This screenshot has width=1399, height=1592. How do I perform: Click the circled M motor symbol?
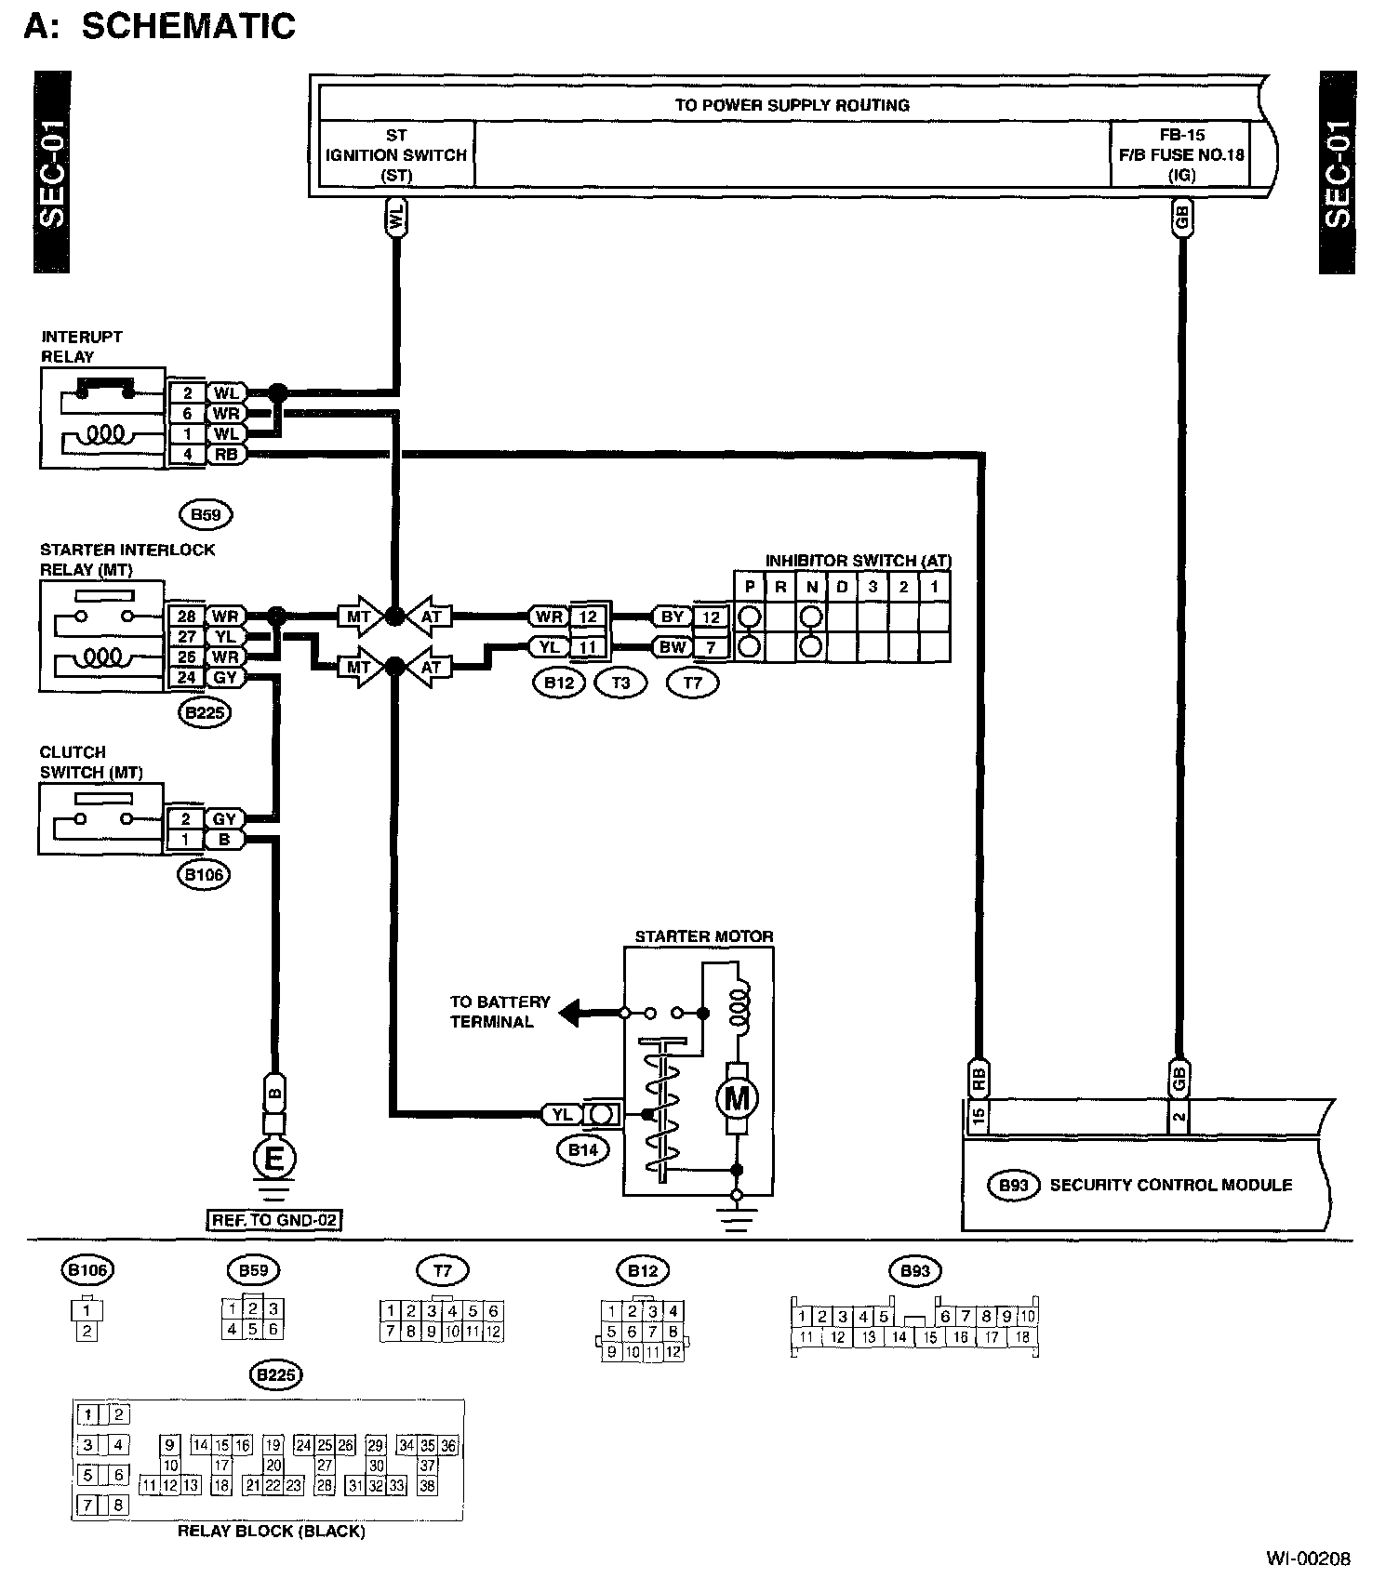[737, 1099]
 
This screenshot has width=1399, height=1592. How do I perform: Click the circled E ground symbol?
[274, 1159]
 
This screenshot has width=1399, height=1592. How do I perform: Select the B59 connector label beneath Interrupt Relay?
[205, 514]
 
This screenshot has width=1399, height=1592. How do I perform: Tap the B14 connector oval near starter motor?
[583, 1150]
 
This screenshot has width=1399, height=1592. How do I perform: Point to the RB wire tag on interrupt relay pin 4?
[225, 455]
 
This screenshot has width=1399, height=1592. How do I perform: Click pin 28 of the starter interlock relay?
[186, 617]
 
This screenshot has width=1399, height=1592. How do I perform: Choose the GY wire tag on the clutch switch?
[225, 819]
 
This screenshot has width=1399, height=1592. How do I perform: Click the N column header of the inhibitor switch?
[811, 588]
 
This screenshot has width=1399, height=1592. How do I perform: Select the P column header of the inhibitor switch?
[749, 588]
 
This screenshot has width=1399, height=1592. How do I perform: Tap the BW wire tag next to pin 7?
[672, 646]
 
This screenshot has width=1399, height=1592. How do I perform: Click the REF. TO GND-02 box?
[273, 1219]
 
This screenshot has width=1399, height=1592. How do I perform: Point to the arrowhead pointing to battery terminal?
[569, 1012]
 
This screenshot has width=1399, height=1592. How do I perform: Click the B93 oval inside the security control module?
[1013, 1186]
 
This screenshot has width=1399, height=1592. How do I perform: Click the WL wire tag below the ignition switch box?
[396, 219]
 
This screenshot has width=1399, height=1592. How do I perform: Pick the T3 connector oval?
[620, 683]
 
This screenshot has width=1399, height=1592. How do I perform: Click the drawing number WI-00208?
[1307, 1559]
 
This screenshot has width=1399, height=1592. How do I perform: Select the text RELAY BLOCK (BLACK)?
[271, 1531]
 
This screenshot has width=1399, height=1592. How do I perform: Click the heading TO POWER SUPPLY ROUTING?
[792, 105]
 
